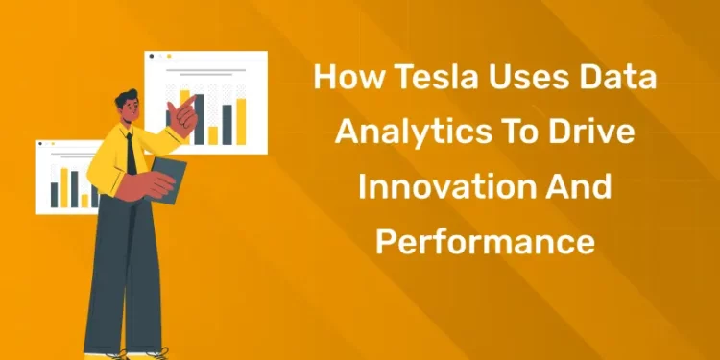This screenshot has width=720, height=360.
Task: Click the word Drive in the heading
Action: pos(599,132)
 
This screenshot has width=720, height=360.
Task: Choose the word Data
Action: pos(614,79)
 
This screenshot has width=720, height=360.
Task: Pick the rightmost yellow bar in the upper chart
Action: pos(241,121)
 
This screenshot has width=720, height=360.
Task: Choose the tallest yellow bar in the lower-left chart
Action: pos(65,188)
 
